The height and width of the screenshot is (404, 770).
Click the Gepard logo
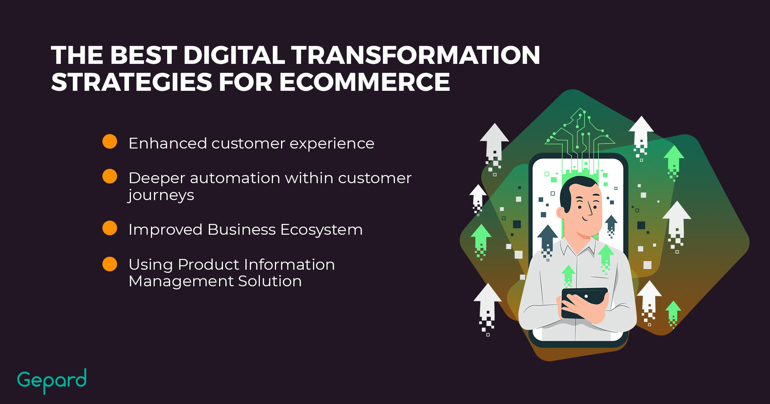coord(52,381)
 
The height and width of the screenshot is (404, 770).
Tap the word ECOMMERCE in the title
coord(364,82)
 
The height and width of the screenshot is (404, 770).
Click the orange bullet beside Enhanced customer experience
coord(110,142)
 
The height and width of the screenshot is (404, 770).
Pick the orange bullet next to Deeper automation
coord(110,176)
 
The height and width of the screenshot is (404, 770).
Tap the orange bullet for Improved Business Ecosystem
coord(110,228)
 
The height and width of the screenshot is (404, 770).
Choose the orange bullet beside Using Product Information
coord(110,264)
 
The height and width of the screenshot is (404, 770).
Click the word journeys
coord(161,196)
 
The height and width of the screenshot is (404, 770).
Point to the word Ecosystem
coord(321,230)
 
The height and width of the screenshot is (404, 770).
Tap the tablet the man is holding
coord(584,302)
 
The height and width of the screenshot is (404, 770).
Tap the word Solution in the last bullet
coord(270,281)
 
